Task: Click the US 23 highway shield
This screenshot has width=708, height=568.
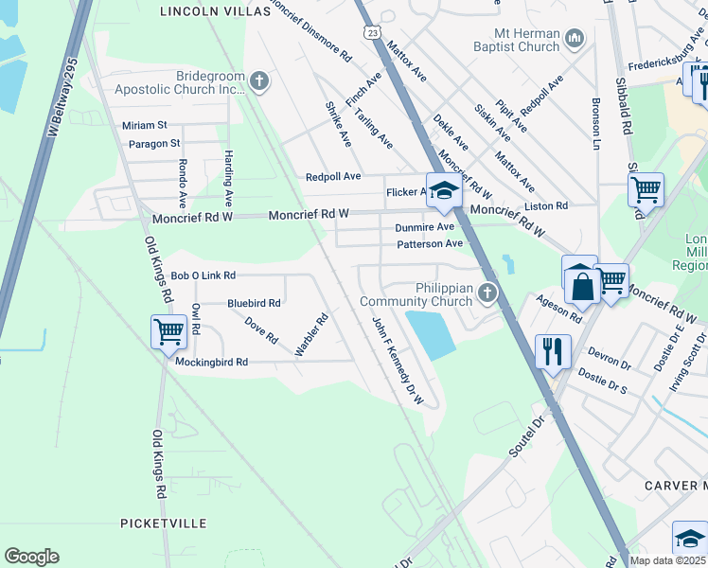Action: pyautogui.click(x=374, y=32)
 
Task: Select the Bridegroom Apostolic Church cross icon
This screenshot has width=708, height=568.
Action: pyautogui.click(x=260, y=81)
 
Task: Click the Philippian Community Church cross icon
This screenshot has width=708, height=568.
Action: pyautogui.click(x=487, y=293)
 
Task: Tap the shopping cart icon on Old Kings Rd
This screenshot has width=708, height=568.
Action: pyautogui.click(x=168, y=332)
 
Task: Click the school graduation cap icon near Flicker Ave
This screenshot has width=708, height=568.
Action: pyautogui.click(x=442, y=191)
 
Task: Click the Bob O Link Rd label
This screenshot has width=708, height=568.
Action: pyautogui.click(x=203, y=275)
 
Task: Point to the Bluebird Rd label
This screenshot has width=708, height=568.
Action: pyautogui.click(x=254, y=303)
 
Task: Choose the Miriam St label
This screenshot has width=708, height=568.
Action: pyautogui.click(x=144, y=125)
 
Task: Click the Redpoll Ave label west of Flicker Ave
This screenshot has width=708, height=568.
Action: pyautogui.click(x=333, y=177)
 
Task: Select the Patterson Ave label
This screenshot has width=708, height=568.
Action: pyautogui.click(x=429, y=243)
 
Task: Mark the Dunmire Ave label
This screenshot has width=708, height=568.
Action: pyautogui.click(x=425, y=227)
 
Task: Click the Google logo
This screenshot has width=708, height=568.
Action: pyautogui.click(x=31, y=557)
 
